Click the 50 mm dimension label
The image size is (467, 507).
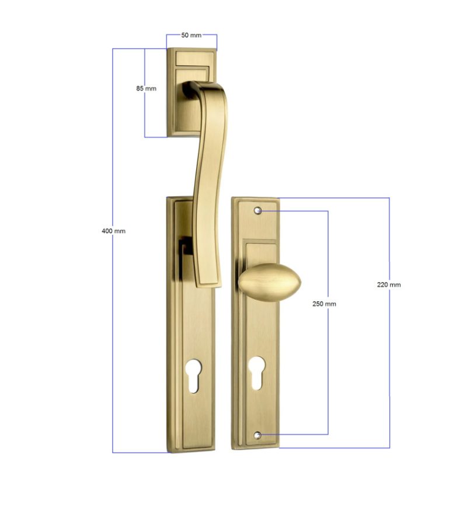191,35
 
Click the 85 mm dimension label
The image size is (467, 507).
146,88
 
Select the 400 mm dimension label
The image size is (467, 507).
113,231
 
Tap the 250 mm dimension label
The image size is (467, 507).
324,304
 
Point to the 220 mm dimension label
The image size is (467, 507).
389,284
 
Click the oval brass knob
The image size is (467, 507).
270,282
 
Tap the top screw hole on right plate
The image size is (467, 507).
257,211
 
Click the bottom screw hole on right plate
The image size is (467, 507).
257,435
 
